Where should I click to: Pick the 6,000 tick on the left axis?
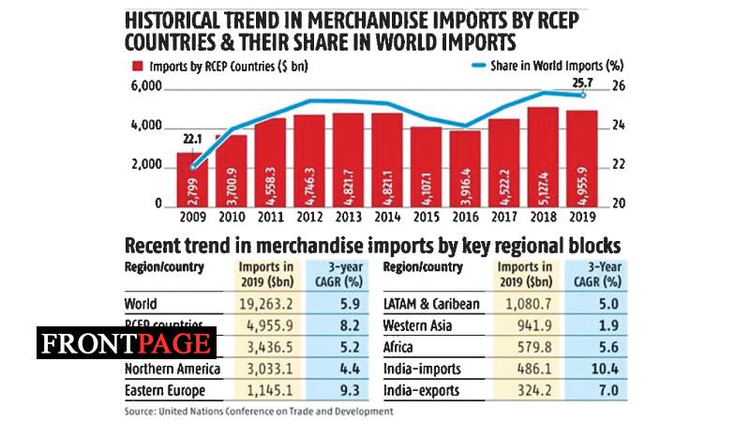(146, 87)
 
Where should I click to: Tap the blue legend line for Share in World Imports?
(476, 66)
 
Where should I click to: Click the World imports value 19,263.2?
(273, 304)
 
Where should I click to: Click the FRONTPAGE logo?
(127, 342)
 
